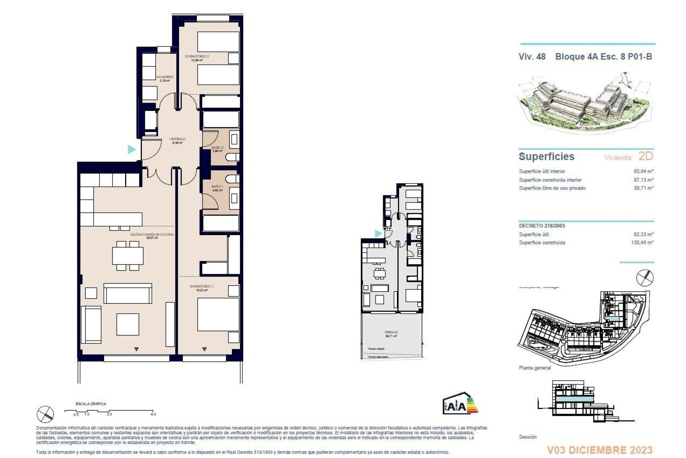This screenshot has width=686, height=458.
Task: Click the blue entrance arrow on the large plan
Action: (x=132, y=149)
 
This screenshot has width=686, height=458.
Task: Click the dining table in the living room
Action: (x=128, y=255)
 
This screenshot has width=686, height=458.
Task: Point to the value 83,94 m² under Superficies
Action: (x=643, y=171)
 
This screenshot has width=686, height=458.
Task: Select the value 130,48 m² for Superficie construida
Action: (x=642, y=243)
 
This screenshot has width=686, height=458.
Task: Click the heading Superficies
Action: (x=546, y=156)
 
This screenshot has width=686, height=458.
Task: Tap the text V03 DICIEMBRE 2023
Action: (x=600, y=450)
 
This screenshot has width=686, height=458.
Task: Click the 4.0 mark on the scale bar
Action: (x=153, y=414)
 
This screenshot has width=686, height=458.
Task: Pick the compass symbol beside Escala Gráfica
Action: (x=45, y=414)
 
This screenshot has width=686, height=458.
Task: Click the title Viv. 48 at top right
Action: (x=532, y=57)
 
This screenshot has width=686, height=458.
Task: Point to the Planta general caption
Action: (x=535, y=368)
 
